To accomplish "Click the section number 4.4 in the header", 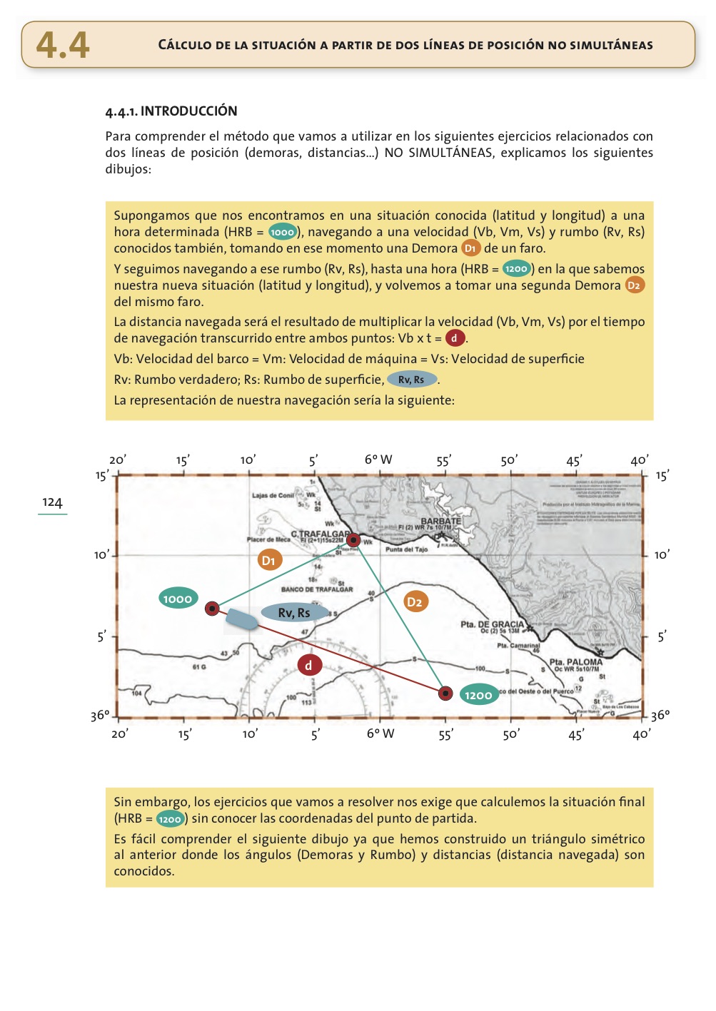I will pos(63,45).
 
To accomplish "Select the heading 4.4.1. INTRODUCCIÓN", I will pos(171,111).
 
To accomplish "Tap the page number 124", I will pos(52,502).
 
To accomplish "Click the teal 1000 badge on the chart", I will pos(178,599).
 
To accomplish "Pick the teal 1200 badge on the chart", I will pos(478,695).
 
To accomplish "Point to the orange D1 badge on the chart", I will pos(269,560).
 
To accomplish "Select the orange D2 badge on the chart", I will pos(415,601).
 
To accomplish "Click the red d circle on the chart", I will pos(309,665).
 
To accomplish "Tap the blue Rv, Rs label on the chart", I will pos(294,613).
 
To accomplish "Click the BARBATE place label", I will pos(440,522).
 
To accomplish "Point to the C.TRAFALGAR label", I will pos(320,534).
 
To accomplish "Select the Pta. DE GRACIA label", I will pos(493,624).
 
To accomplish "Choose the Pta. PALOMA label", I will pos(576,662).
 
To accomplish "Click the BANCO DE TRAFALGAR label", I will pos(317,589).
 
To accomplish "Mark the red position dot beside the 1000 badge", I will pos(212,609).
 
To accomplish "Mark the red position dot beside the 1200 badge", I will pos(445,693).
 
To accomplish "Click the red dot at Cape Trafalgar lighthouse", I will pos(353,540).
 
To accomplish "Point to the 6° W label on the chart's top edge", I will pos(378,459).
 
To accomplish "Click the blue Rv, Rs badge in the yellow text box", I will pos(411,380).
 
